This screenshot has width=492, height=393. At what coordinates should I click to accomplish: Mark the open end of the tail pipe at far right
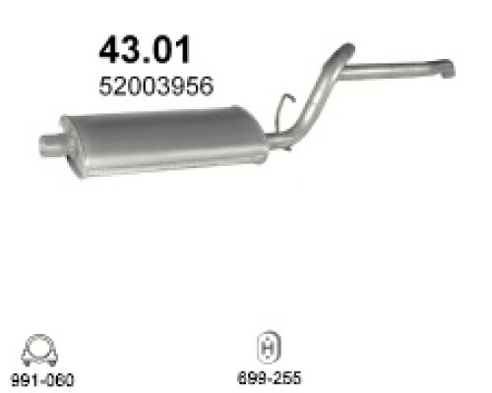(446, 70)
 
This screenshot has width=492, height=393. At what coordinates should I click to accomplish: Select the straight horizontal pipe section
(394, 70)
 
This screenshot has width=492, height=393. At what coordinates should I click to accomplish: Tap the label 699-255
(267, 377)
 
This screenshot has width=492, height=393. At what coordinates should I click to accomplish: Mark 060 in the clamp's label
(62, 378)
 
